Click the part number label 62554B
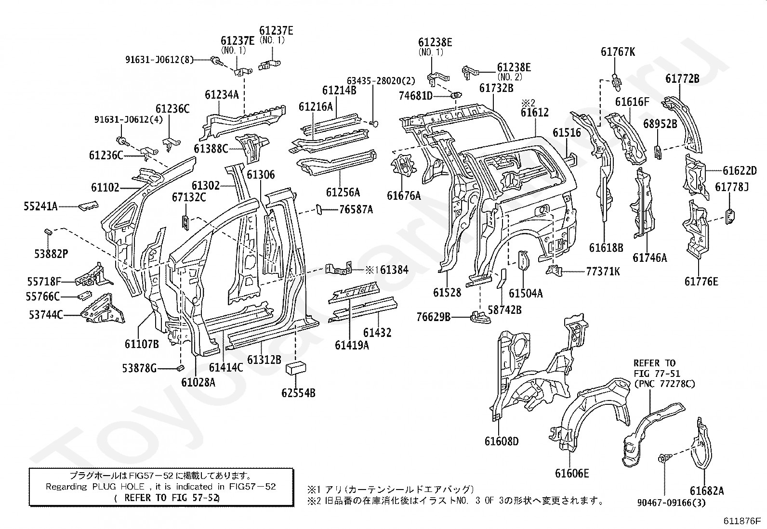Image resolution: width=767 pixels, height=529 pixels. tap(298, 393)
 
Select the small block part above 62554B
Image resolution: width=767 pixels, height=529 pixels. tap(297, 368)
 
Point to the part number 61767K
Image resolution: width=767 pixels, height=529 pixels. tap(618, 52)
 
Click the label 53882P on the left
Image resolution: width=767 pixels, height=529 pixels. tap(51, 253)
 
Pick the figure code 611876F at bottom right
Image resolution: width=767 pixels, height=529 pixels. tap(741, 521)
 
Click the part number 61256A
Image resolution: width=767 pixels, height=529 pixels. tap(343, 193)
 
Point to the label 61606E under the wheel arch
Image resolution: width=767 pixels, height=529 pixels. tap(572, 473)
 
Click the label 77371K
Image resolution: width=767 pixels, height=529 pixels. tap(603, 271)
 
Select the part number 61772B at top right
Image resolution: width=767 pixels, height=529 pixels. tap(682, 78)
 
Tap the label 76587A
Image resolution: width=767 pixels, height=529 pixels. tap(356, 209)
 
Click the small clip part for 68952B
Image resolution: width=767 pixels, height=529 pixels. tap(657, 151)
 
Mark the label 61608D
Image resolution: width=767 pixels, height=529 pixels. tap(502, 441)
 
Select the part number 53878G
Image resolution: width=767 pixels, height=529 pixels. tap(140, 369)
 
